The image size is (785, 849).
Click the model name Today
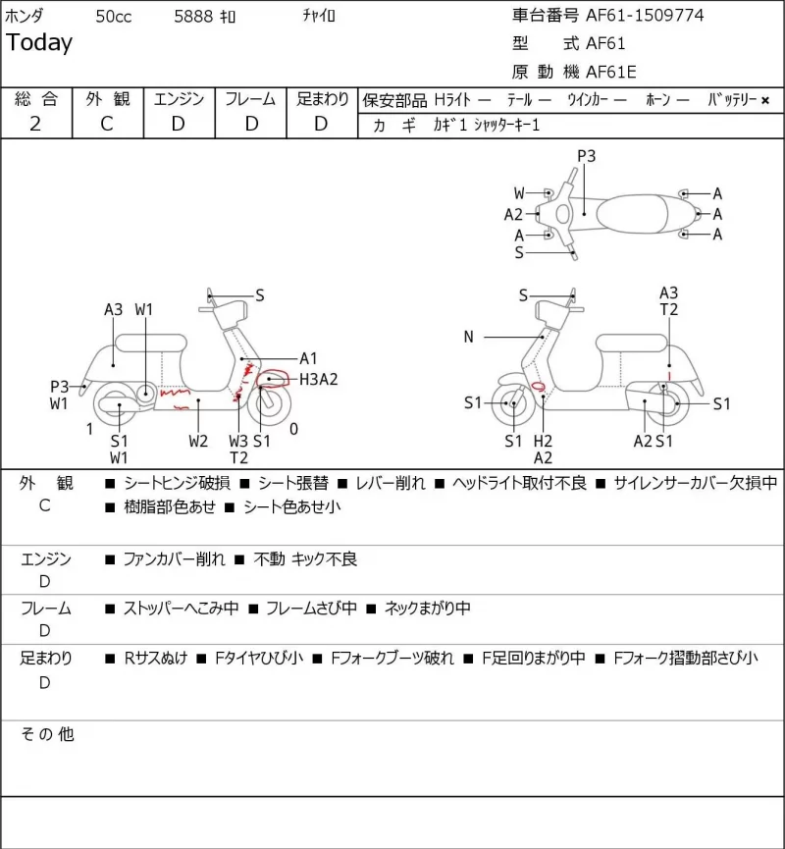pos(39,43)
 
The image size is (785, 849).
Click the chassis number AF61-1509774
pos(645,15)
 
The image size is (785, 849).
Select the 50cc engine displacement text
pos(114,17)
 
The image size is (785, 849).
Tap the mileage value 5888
pos(193,17)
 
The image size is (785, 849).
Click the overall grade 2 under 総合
pos(35,124)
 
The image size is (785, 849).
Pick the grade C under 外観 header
pos(107,124)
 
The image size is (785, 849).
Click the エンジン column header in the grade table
pos(180,99)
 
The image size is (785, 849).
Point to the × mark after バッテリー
pos(765,100)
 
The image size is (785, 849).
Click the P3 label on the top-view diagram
pos(587,156)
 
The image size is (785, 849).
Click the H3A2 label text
pos(318,379)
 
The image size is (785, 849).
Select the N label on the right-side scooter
pos(469,337)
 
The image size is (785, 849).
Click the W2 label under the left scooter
pos(198,442)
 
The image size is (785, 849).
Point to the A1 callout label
pos(308,358)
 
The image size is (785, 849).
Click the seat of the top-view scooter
pos(632,214)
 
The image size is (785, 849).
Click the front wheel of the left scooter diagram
pos(269,402)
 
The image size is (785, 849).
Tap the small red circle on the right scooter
pos(538,386)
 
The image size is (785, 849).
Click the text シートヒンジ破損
pos(177,483)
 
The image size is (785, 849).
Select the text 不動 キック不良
pos(305,558)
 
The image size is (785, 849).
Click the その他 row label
pos(47,734)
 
